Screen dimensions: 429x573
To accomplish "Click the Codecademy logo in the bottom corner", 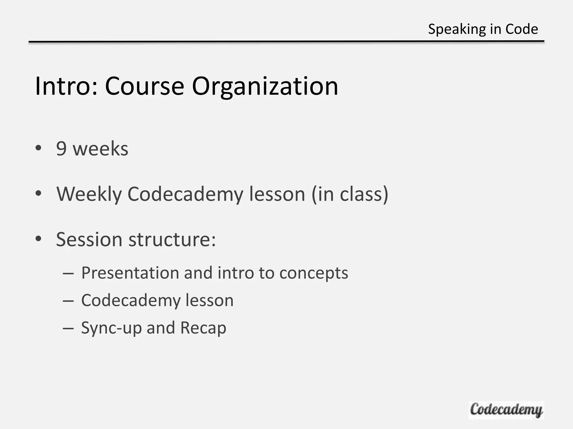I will pos(506,410).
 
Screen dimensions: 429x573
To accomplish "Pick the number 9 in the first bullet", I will pos(61,149).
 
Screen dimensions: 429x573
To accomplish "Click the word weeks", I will pos(100,149).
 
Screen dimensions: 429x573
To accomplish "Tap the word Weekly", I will pos(89,194).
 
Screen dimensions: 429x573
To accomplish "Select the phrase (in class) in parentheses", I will pos(350,194).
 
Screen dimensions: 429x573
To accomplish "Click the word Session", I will pos(89,239).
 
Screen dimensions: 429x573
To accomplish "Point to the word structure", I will pos(172,239).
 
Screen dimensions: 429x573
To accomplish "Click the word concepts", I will pos(314,273).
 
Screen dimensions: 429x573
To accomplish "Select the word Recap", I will pos(203,328).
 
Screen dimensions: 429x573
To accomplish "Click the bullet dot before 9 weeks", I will pos(39,148).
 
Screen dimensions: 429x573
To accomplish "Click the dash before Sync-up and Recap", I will pos(68,328).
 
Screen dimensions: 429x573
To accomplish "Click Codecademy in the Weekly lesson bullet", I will pos(185,194).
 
